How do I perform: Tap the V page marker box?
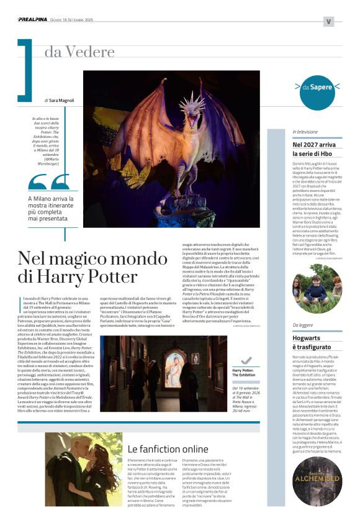[328, 21]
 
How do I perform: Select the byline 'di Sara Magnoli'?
[60, 99]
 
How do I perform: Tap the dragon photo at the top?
[172, 148]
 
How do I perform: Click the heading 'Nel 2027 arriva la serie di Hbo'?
[315, 148]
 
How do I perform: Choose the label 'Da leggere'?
[303, 325]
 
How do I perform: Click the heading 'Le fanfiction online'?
[168, 448]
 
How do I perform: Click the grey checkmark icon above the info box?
[246, 360]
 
